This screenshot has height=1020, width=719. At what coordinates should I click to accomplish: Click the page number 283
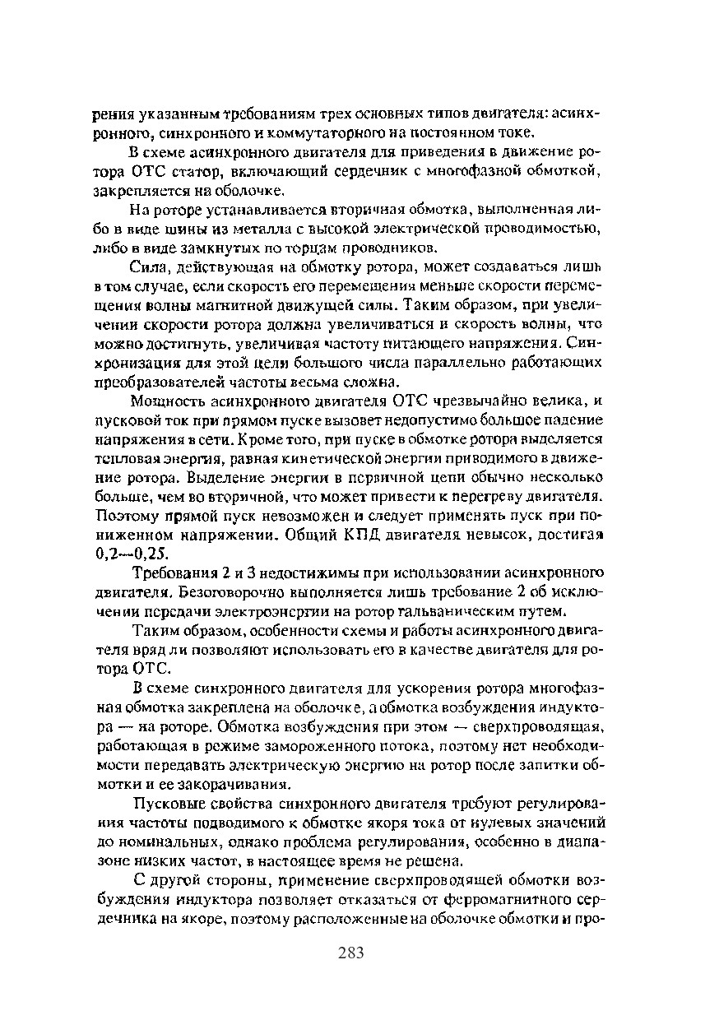pos(350,953)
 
